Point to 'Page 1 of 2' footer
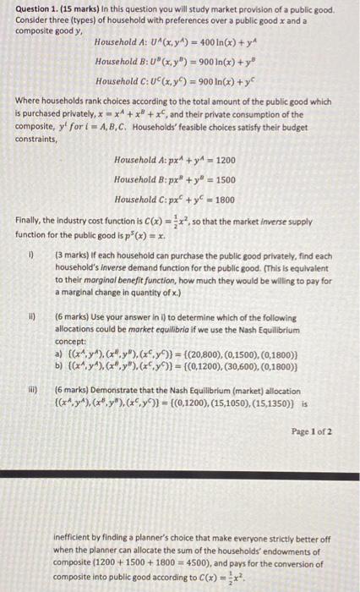[x=314, y=430]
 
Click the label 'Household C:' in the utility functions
[x=122, y=80]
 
